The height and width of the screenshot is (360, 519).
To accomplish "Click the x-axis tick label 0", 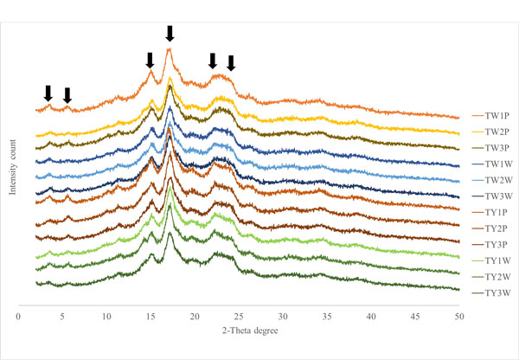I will pyautogui.click(x=19, y=318).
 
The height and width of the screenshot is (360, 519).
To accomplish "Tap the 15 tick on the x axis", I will pyautogui.click(x=151, y=318).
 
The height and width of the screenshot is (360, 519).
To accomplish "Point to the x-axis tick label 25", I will pyautogui.click(x=239, y=318).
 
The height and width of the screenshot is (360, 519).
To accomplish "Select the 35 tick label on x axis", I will pyautogui.click(x=326, y=318).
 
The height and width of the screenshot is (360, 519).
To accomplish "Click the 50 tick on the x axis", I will pyautogui.click(x=458, y=318).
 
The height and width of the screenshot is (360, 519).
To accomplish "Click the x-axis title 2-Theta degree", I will pyautogui.click(x=239, y=331).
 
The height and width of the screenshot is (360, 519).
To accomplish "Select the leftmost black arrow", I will pyautogui.click(x=48, y=93).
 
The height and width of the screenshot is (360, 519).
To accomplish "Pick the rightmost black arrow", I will pyautogui.click(x=231, y=63).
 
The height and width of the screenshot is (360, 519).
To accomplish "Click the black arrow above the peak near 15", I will pyautogui.click(x=151, y=60).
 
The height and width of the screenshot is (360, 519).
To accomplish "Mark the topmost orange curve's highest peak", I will pyautogui.click(x=170, y=50).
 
